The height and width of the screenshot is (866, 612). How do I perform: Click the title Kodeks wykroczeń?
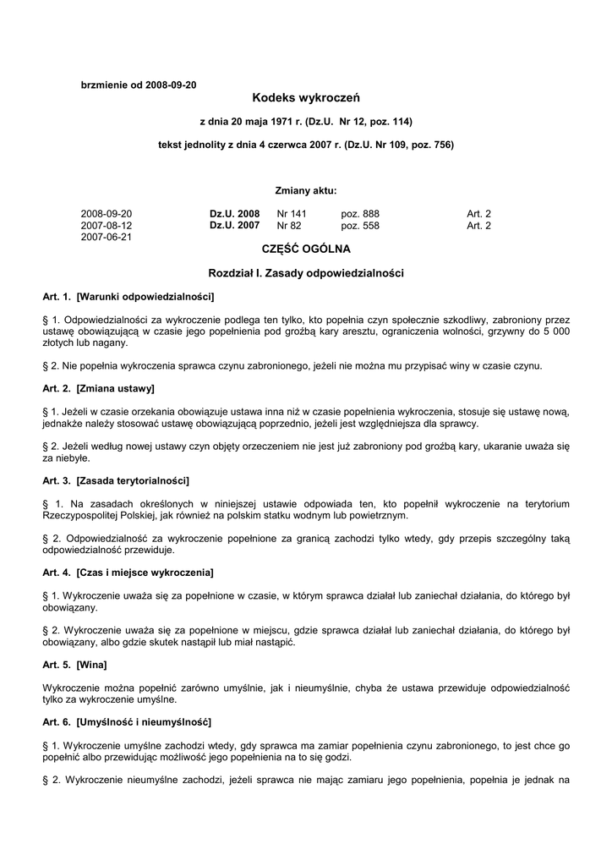[306, 99]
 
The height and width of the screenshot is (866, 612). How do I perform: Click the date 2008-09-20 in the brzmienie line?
[171, 85]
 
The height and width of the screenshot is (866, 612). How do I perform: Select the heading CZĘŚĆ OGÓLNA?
[306, 249]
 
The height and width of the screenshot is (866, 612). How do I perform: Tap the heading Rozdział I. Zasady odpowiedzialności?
[306, 273]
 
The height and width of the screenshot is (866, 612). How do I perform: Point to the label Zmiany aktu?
[306, 190]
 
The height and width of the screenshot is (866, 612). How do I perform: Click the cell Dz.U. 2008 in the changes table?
[234, 214]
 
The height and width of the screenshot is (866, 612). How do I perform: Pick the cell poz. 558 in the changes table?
[360, 226]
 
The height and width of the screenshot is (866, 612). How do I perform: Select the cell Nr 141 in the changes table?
[292, 214]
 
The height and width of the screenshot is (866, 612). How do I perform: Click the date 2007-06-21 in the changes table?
[107, 238]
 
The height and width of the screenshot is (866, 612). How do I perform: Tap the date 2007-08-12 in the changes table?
[107, 226]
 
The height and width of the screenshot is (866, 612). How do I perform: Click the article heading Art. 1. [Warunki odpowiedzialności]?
[128, 297]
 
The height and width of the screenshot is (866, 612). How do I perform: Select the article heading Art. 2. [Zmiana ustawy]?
[98, 388]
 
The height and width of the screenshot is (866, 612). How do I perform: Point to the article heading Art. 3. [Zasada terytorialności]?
[116, 480]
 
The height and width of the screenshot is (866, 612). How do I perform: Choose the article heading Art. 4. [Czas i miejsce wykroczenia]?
[128, 573]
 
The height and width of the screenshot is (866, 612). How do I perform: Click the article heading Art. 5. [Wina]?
[74, 665]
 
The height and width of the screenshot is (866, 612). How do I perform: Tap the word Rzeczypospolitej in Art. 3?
[82, 515]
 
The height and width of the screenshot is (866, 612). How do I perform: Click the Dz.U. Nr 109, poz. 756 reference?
[400, 145]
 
